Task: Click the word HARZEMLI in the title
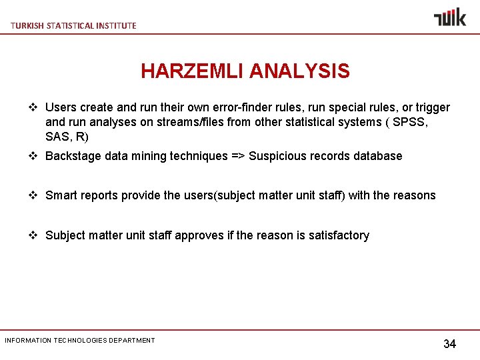pyautogui.click(x=193, y=71)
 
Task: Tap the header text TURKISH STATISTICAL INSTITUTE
pyautogui.click(x=73, y=25)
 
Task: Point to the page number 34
pyautogui.click(x=450, y=344)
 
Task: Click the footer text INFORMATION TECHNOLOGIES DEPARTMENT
pyautogui.click(x=80, y=340)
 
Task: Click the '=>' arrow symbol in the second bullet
pyautogui.click(x=238, y=156)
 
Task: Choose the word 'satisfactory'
pyautogui.click(x=339, y=235)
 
